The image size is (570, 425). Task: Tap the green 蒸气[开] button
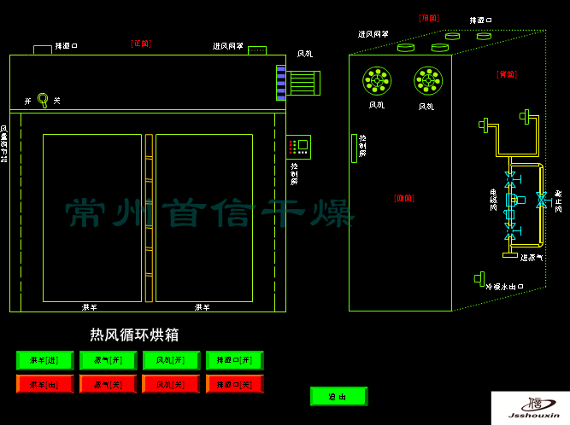108,360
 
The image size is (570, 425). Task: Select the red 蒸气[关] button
108,384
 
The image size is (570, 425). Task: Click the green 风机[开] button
171,360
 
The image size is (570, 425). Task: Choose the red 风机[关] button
171,384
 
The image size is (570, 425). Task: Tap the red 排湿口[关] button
234,384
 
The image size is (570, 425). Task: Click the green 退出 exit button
338,396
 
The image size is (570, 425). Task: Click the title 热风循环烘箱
135,335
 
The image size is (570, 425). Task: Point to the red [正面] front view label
140,42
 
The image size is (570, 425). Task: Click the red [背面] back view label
506,74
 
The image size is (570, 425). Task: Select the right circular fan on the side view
427,81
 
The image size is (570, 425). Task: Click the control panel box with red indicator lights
298,146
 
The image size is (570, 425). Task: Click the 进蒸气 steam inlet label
534,257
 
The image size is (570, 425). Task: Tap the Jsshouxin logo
530,408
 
